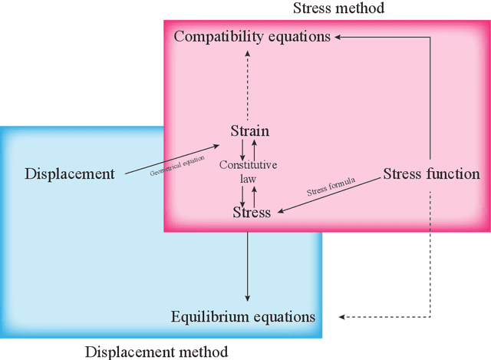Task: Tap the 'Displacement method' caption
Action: click(156, 352)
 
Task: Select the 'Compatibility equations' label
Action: click(252, 36)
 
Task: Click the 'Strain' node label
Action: click(250, 130)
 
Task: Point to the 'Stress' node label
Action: click(252, 213)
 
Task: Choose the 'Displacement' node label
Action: click(70, 173)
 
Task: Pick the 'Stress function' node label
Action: click(431, 173)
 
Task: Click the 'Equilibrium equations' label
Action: click(242, 316)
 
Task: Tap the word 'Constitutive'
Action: click(248, 165)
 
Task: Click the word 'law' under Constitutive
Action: click(248, 179)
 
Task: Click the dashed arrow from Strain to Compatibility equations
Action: click(247, 84)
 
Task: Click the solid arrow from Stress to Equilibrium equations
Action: click(247, 265)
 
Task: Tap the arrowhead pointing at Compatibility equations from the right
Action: click(340, 36)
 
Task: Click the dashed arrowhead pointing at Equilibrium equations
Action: click(343, 316)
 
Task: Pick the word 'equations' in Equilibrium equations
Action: click(283, 316)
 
